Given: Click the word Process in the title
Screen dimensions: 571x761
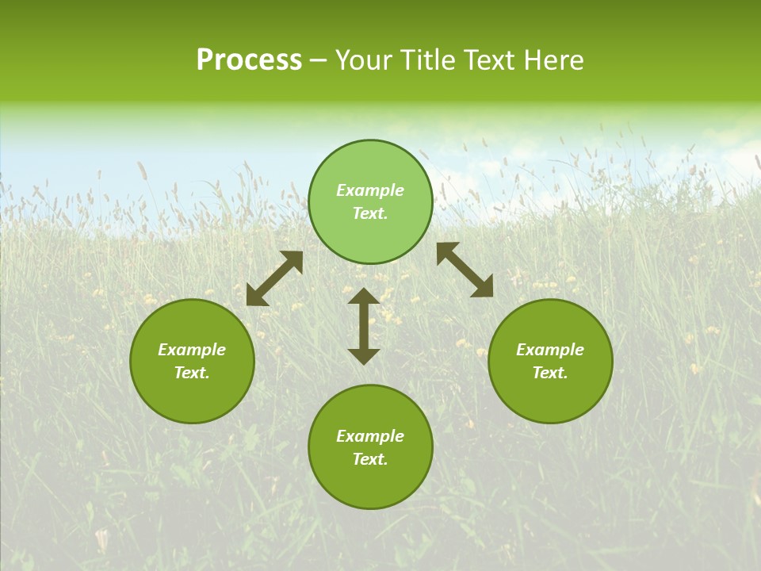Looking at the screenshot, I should point(249,60).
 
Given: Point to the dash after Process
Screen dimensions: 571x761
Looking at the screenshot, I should point(319,61).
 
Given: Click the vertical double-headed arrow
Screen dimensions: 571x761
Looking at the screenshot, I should point(364,326).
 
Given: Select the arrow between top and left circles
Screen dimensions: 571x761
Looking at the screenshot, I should point(274,278).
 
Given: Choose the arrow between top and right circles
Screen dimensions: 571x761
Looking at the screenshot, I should point(465,270).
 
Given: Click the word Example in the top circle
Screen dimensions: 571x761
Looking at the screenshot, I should point(370,190).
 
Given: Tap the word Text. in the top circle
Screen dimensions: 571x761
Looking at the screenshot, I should point(370,213).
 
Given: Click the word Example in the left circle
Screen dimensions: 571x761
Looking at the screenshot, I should point(192,350).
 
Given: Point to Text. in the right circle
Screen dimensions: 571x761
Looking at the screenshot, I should point(550,373).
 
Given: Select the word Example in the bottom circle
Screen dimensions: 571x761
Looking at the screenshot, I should point(370,436).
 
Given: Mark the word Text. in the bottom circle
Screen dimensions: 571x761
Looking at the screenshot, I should point(370,459).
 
